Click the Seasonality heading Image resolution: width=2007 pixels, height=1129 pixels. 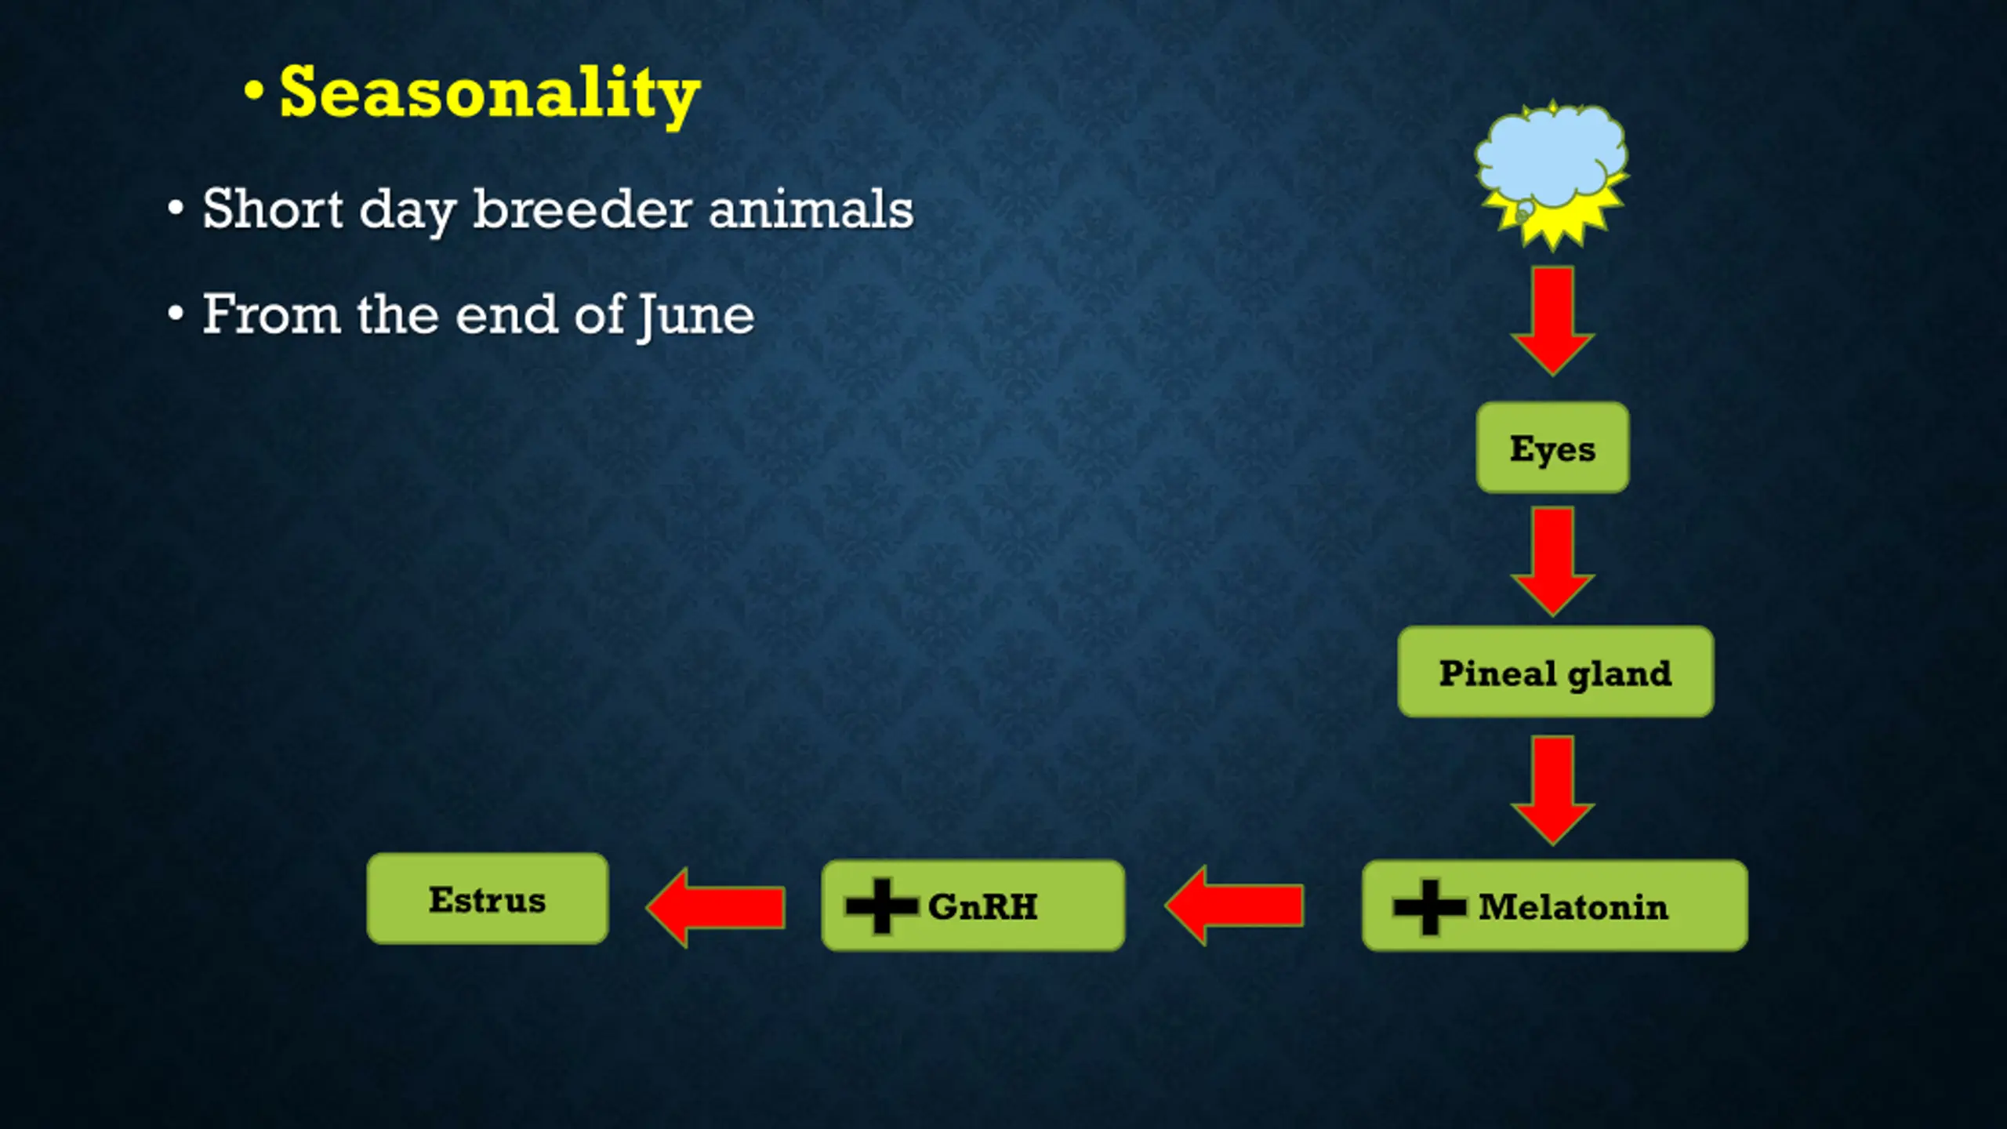pos(490,95)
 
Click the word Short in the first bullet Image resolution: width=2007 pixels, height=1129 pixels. pos(273,209)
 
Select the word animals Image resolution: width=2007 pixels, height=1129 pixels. pos(811,209)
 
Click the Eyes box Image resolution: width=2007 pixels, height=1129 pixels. pos(1552,448)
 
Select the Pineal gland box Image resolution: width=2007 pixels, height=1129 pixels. pos(1555,672)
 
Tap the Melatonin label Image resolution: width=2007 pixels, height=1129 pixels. pos(1573,907)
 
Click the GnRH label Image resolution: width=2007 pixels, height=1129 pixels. pos(983,907)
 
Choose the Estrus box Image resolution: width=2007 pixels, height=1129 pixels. pos(488,898)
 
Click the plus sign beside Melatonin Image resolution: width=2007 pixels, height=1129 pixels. pos(1429,906)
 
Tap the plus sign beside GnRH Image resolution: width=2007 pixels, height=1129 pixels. pos(882,906)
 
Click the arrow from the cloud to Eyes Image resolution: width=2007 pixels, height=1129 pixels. pos(1553,321)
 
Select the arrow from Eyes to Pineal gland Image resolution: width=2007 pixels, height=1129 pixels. pos(1553,561)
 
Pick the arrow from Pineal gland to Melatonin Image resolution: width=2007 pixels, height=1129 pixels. pos(1553,791)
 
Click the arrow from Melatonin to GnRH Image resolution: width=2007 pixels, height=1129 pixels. pos(1234,906)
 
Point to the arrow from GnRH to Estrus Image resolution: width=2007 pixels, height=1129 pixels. pos(716,907)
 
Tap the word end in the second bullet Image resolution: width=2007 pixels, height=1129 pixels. pos(506,314)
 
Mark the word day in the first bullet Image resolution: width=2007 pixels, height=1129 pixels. pos(408,212)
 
